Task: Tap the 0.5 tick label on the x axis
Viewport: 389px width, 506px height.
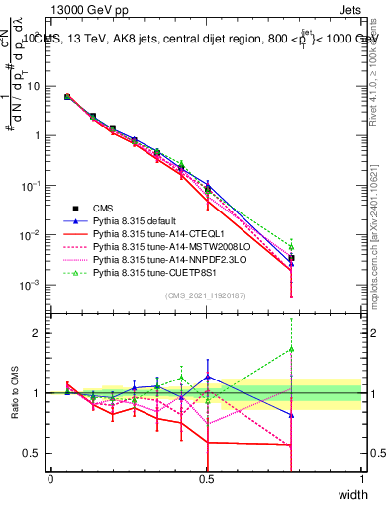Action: tap(206, 479)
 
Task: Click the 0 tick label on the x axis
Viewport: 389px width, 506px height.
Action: tap(50, 479)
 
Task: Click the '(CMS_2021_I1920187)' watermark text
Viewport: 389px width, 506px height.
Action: tap(206, 295)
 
